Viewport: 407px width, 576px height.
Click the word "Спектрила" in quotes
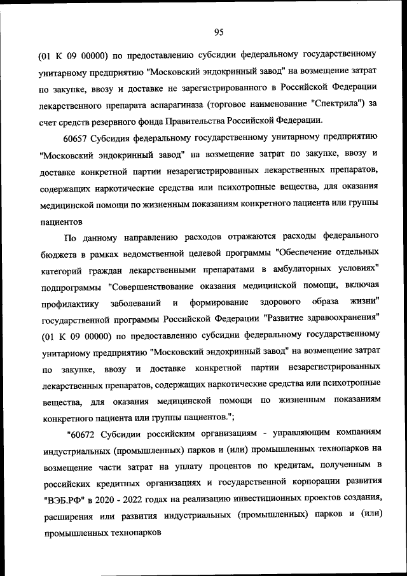[x=335, y=104]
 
